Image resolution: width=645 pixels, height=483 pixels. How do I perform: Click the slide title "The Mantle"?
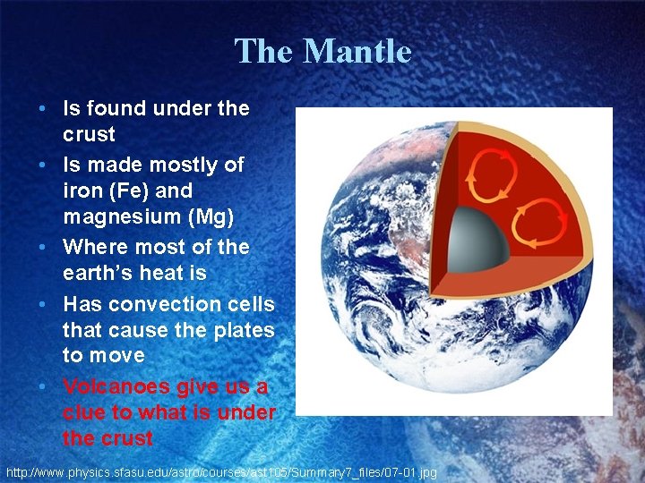coord(322,51)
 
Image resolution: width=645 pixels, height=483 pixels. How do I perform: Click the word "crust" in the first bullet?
coord(89,135)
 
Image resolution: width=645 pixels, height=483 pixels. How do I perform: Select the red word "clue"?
coord(85,412)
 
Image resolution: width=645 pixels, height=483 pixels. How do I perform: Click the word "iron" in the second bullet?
coord(82,191)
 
